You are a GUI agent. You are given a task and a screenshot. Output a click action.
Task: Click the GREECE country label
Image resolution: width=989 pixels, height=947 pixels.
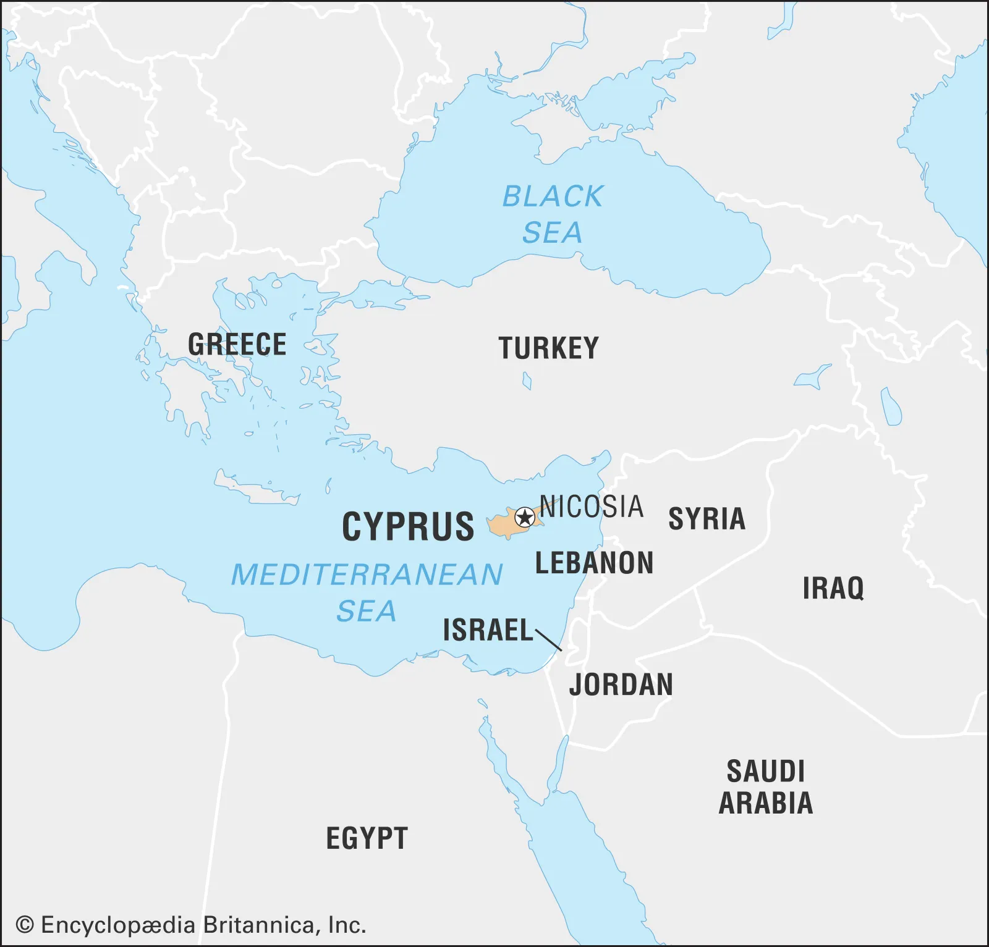point(237,345)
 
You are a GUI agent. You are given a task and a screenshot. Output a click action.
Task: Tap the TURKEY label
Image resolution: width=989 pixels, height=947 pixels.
point(548,348)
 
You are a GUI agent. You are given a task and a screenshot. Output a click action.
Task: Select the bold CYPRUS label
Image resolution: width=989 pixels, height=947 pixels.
point(408,527)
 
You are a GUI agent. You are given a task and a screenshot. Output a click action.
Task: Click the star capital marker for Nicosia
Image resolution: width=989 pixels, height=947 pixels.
point(525,517)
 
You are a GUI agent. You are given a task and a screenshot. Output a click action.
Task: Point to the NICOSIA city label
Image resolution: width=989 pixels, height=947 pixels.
point(592,507)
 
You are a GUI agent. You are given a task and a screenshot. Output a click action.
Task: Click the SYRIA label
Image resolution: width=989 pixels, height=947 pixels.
point(707,519)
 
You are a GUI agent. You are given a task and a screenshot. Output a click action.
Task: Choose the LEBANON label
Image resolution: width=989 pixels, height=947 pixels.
point(594,563)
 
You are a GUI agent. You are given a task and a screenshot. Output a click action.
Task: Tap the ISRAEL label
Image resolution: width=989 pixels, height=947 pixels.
point(488,630)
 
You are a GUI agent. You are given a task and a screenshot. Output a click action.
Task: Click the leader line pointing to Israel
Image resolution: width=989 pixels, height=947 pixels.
point(549,640)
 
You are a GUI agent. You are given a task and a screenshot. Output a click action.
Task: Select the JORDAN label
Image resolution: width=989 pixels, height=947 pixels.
point(621,685)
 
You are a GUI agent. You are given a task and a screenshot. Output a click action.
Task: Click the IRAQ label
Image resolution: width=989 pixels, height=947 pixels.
point(833,588)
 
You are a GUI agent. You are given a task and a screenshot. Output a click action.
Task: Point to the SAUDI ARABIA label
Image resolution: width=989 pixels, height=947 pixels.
point(766,788)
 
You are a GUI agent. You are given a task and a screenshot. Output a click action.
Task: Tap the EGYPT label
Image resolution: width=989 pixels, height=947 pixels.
point(367,838)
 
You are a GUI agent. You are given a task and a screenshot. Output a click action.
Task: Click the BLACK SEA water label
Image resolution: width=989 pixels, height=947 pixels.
point(552,214)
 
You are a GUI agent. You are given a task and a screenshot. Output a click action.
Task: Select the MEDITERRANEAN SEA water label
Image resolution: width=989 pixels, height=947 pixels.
point(367,592)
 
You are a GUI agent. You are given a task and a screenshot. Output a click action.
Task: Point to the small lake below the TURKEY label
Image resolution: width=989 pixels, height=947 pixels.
point(527,381)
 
